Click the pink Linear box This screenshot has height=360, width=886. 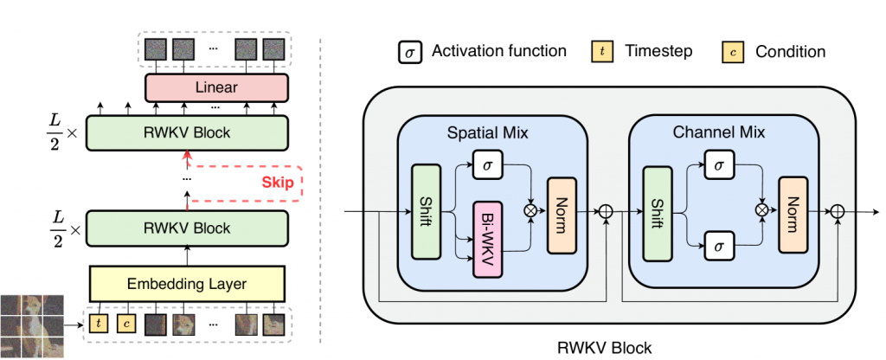pos(216,87)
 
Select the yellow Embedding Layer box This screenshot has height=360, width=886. pos(188,282)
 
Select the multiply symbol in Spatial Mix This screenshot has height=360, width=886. pos(530,211)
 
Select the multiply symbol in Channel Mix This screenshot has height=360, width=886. pos(761,210)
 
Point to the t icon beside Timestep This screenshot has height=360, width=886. pos(603,52)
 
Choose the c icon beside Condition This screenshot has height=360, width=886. pos(735,52)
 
